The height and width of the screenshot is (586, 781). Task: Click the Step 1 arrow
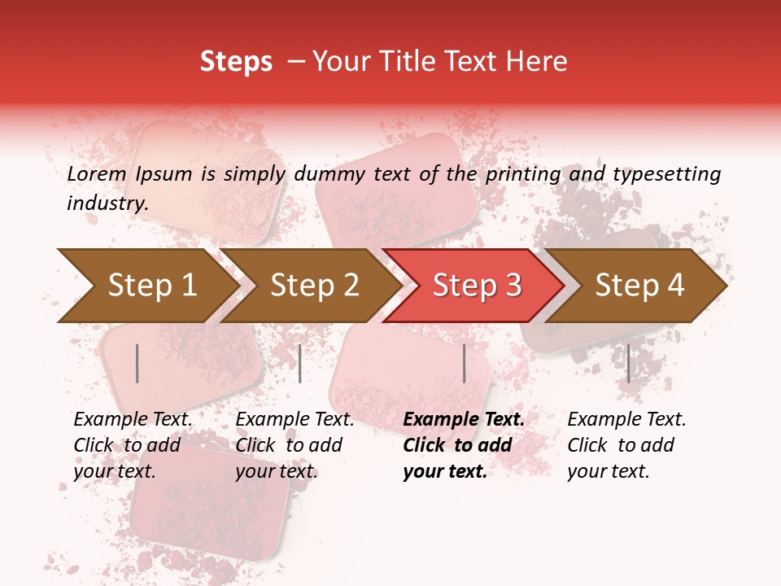click(x=152, y=286)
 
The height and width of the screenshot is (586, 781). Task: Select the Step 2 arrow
click(x=315, y=286)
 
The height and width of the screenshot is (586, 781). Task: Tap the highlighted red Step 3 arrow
click(x=477, y=286)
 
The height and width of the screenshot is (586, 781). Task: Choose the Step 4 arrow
click(x=639, y=286)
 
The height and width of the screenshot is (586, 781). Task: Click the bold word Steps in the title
click(x=236, y=62)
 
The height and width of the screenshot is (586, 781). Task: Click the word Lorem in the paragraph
click(x=95, y=174)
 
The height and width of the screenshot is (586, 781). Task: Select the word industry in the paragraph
click(x=107, y=203)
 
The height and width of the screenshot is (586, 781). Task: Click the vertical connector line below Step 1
click(x=137, y=363)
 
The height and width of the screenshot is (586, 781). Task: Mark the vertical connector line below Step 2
click(x=300, y=363)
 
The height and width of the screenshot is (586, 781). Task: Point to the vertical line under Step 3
click(x=464, y=363)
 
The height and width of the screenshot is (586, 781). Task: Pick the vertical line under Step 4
click(x=628, y=363)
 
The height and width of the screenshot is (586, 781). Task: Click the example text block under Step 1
click(x=133, y=445)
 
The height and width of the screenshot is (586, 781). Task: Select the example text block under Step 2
click(x=295, y=445)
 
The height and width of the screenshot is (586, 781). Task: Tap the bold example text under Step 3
click(x=464, y=445)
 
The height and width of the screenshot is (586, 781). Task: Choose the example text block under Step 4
click(x=626, y=445)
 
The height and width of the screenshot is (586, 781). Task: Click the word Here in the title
click(x=540, y=62)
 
